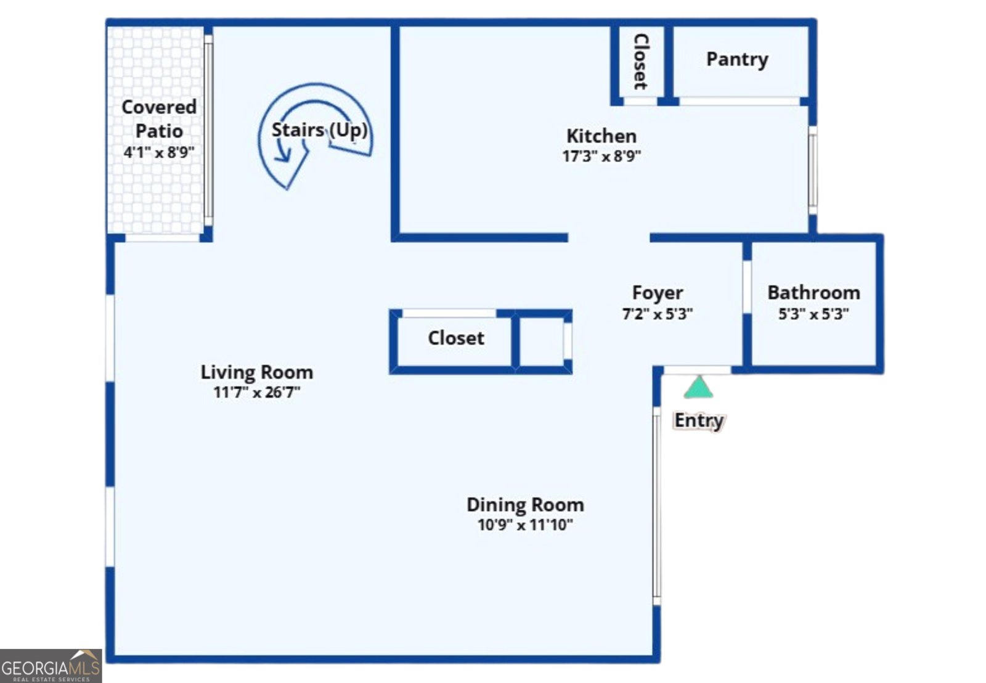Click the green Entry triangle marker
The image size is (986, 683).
pyautogui.click(x=699, y=387)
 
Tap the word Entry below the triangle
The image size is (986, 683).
pyautogui.click(x=699, y=420)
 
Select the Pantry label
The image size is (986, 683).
pyautogui.click(x=737, y=59)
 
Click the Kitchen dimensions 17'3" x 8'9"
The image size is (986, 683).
pyautogui.click(x=601, y=156)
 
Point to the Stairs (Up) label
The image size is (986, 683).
pyautogui.click(x=320, y=130)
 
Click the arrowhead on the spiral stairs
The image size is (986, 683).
pyautogui.click(x=283, y=155)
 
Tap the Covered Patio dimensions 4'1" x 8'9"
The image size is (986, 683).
pyautogui.click(x=159, y=152)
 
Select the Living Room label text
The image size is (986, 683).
pyautogui.click(x=257, y=372)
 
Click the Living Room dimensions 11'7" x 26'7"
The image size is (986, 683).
pyautogui.click(x=257, y=392)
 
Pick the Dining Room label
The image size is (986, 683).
pyautogui.click(x=526, y=505)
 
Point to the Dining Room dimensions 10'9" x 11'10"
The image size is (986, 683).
pyautogui.click(x=526, y=525)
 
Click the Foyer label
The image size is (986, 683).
pyautogui.click(x=658, y=293)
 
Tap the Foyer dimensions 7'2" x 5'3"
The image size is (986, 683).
pyautogui.click(x=658, y=314)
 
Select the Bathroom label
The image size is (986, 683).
pyautogui.click(x=814, y=292)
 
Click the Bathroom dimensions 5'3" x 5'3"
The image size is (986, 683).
pyautogui.click(x=814, y=314)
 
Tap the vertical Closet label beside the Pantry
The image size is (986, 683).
pyautogui.click(x=641, y=62)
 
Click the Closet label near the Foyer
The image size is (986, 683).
pyautogui.click(x=456, y=338)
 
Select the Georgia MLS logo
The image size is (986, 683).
pyautogui.click(x=51, y=666)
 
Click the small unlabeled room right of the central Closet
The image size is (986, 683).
pyautogui.click(x=542, y=341)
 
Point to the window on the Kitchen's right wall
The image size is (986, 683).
pyautogui.click(x=813, y=170)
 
